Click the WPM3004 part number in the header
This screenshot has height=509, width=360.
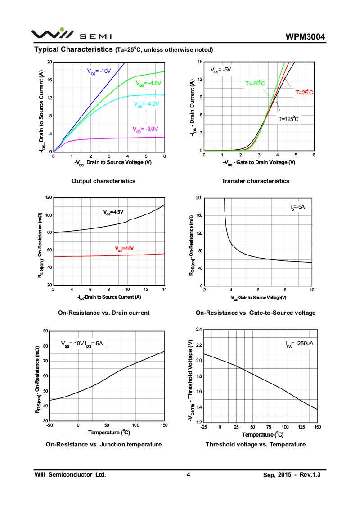coord(305,37)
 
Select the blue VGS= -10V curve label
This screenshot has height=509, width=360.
coord(99,71)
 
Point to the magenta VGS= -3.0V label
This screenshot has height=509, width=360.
coord(145,129)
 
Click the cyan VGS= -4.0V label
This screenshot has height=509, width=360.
coord(147,104)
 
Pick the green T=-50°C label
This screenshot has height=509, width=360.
coord(255,83)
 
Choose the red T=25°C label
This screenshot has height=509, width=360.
coord(304,92)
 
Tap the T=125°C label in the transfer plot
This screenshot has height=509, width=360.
coord(288,119)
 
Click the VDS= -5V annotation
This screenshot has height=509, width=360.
coord(220,70)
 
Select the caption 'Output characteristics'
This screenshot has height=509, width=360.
coord(103,181)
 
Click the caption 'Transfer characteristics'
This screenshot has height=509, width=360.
coord(256,181)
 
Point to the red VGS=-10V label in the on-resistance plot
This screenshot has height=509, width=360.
coord(124,248)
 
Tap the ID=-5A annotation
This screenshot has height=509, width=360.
coord(297,207)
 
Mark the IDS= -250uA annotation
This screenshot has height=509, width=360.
coord(299,344)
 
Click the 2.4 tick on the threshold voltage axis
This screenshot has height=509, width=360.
coord(198,330)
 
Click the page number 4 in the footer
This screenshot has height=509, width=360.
coord(189,474)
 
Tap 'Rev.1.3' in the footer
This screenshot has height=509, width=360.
coord(314,474)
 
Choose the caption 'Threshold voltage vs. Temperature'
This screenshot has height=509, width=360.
coord(256,444)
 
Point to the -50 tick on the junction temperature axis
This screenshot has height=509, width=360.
coord(49,425)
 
